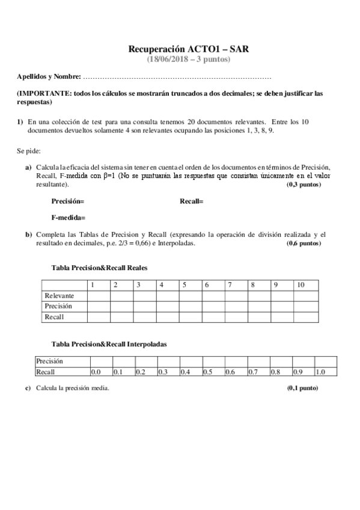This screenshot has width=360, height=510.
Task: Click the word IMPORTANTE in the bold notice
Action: tap(44, 94)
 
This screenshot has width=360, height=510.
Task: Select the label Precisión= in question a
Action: tap(68, 201)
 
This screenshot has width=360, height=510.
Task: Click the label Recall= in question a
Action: tap(192, 201)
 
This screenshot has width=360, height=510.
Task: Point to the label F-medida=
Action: tap(68, 217)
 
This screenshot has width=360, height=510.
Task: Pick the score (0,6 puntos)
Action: tap(304, 244)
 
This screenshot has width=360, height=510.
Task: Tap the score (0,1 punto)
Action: tap(303, 389)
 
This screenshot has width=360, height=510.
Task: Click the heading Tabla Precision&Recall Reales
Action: tap(100, 268)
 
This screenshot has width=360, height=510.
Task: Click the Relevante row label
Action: tap(59, 296)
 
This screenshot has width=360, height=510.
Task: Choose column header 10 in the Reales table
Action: tap(301, 285)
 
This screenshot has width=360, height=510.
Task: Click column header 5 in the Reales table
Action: tap(185, 285)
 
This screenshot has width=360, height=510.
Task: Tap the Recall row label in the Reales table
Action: tap(54, 317)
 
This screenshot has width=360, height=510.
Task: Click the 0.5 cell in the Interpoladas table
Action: tap(207, 372)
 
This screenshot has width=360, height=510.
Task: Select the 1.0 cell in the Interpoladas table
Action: tap(320, 372)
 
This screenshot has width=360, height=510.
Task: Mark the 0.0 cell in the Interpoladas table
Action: tap(95, 372)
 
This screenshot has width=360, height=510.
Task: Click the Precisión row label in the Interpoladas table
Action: tap(50, 361)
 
